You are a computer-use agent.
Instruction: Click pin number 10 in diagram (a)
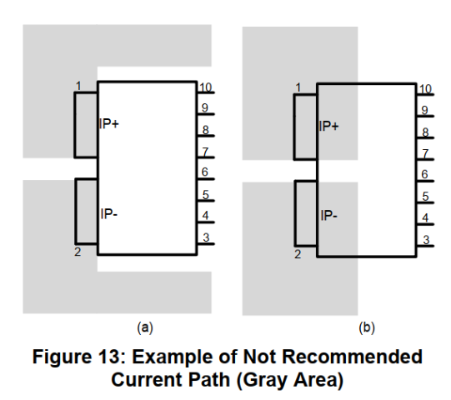click(204, 87)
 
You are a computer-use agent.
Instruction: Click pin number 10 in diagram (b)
click(425, 88)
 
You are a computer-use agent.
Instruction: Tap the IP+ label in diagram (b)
click(329, 127)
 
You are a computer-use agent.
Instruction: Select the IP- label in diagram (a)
click(108, 212)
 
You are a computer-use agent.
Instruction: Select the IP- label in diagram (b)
click(328, 215)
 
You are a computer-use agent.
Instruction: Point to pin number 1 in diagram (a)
click(78, 86)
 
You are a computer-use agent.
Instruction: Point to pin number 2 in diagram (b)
click(298, 253)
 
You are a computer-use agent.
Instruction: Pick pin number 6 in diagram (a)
click(204, 172)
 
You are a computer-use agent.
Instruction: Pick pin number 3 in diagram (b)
click(425, 240)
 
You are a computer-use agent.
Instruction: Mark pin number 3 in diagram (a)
click(204, 238)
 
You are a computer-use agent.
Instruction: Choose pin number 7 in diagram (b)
click(425, 153)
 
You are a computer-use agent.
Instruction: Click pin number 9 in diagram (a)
click(204, 108)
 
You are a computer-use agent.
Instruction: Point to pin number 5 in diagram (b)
click(425, 197)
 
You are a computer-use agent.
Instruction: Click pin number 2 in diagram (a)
click(78, 252)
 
